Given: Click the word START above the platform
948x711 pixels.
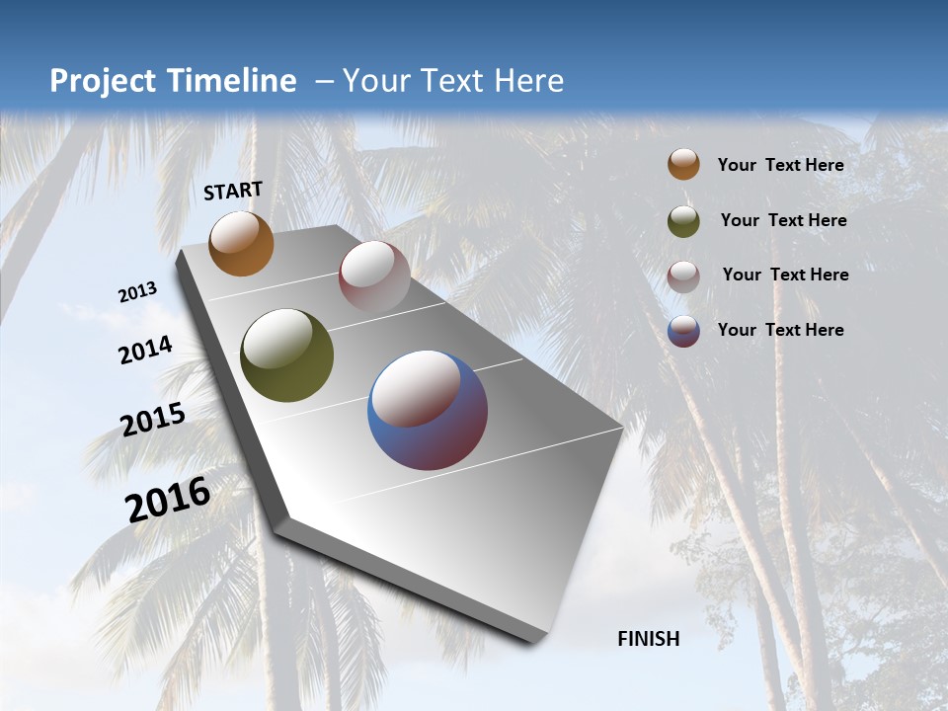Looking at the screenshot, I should pos(233,191).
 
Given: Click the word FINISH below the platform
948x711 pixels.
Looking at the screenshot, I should pos(649,639).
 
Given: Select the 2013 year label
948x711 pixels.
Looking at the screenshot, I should pos(138,292).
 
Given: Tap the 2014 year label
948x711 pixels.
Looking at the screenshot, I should pos(145,350).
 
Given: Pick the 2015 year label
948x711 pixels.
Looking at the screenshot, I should pos(153,420).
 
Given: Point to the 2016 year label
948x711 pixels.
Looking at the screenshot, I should pos(168,500).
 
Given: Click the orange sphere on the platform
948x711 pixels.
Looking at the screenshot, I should pos(241,243).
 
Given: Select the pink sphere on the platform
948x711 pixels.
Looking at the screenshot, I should pos(374,276).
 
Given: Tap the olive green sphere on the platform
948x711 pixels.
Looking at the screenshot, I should pos(286,355).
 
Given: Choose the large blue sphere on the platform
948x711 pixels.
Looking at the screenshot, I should pos(428,410).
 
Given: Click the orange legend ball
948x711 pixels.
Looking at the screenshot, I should pos(683,164).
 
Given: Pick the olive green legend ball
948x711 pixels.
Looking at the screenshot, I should pos(683,221).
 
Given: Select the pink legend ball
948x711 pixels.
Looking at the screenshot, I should pos(683,276).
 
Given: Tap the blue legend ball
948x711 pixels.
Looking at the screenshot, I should pos(683,331).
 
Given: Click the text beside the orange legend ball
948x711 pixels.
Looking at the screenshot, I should pos(780,165).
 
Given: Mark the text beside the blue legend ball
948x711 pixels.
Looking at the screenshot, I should pos(780,330).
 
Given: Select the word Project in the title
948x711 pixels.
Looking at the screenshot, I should pos(104,81).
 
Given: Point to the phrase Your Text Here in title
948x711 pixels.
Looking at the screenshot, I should pos(453,81).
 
